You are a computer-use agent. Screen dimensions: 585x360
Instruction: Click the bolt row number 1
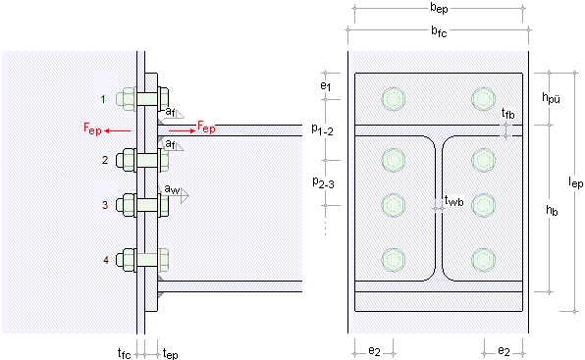pos(103,99)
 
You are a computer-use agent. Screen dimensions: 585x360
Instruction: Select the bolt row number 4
pos(106,260)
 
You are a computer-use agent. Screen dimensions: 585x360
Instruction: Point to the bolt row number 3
pos(106,205)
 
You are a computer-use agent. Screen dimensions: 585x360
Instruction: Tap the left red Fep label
pos(92,129)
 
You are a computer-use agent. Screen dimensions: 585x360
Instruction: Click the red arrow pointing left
pos(117,130)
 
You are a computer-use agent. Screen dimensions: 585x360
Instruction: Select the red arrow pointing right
pos(182,130)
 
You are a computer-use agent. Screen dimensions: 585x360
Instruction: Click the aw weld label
pos(172,189)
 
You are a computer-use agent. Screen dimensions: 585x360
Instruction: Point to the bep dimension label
pos(439,8)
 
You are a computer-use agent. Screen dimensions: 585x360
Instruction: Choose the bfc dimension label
pos(439,31)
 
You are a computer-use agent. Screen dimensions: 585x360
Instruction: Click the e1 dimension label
pos(325,86)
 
